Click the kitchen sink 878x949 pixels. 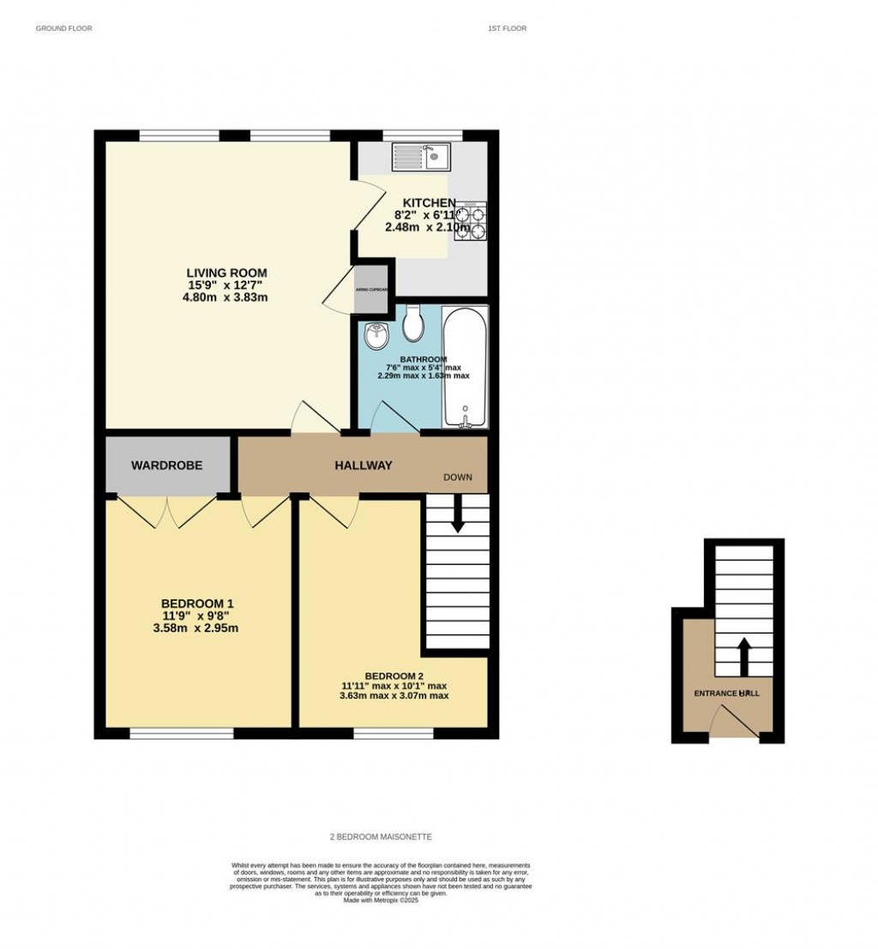click(x=421, y=157)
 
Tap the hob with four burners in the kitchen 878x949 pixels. click(x=470, y=221)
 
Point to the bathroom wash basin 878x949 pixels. click(x=375, y=337)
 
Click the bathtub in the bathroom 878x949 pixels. click(x=466, y=366)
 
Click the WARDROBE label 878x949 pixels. click(x=166, y=465)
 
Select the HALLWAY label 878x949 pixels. click(x=363, y=465)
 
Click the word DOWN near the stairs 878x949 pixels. click(x=457, y=477)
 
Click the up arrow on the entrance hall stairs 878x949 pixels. click(x=743, y=656)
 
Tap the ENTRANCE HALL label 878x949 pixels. click(x=726, y=692)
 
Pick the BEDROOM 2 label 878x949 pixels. click(x=394, y=675)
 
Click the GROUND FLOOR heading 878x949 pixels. click(x=63, y=28)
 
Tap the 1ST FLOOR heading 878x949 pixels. click(x=507, y=28)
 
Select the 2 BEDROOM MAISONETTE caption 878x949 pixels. click(x=381, y=837)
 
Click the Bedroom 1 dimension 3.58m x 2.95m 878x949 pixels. click(x=198, y=628)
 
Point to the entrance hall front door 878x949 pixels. click(x=737, y=720)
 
